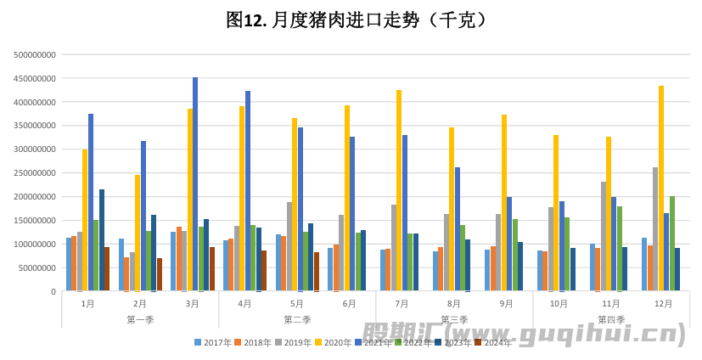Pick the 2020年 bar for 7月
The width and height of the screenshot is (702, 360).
(x=399, y=191)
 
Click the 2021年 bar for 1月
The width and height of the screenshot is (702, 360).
(x=91, y=203)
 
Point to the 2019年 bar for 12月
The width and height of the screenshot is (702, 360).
(x=655, y=229)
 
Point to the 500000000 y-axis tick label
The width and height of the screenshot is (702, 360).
(x=36, y=54)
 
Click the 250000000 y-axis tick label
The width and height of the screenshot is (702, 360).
(x=36, y=173)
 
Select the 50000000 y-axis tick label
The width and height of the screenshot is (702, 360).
(x=37, y=268)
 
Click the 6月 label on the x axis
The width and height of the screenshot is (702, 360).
(x=350, y=303)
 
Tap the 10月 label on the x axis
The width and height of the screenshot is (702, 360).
(x=559, y=303)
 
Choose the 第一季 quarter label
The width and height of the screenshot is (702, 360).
(x=140, y=320)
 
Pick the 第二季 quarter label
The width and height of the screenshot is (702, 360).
(x=297, y=320)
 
